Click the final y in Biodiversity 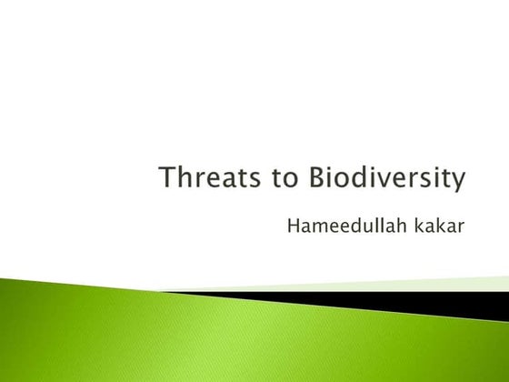[x=460, y=181]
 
